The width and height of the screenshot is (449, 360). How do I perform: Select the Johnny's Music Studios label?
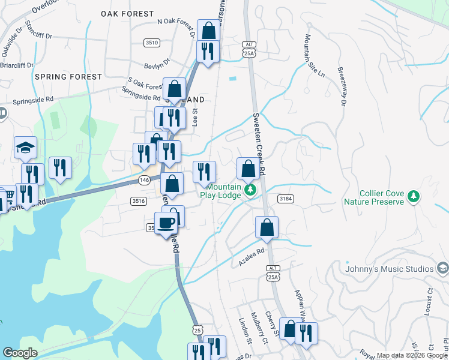click(389, 269)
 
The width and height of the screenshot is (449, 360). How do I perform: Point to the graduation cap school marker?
click(26, 148)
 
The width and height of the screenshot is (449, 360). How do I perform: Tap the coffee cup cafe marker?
click(166, 223)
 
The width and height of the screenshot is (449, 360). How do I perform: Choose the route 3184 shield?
click(285, 198)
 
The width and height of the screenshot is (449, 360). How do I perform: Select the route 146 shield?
click(143, 179)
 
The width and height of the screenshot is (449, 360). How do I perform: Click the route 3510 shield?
click(152, 43)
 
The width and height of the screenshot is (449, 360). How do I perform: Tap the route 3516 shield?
click(137, 202)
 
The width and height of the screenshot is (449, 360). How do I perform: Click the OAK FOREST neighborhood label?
click(127, 13)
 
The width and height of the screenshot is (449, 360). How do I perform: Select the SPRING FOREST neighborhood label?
click(68, 77)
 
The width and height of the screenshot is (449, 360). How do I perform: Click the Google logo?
click(20, 353)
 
